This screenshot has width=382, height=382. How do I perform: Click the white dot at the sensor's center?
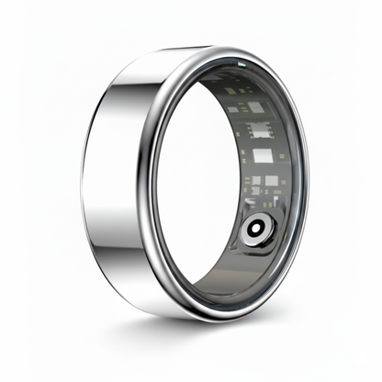click(x=256, y=228)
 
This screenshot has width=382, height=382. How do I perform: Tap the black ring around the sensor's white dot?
click(x=262, y=228)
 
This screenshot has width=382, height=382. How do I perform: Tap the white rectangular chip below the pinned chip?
click(x=263, y=156)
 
